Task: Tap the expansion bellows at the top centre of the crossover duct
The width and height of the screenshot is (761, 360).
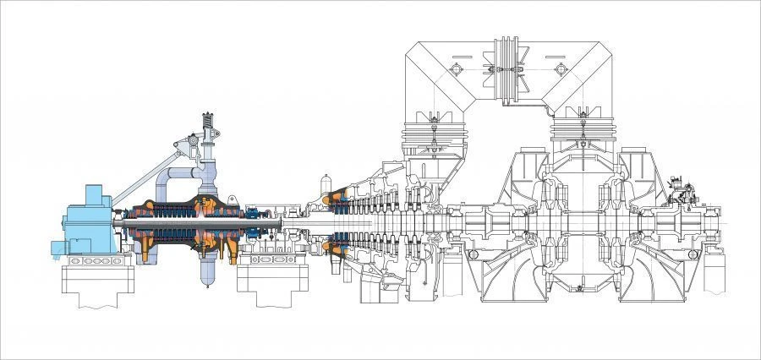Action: (507, 63)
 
